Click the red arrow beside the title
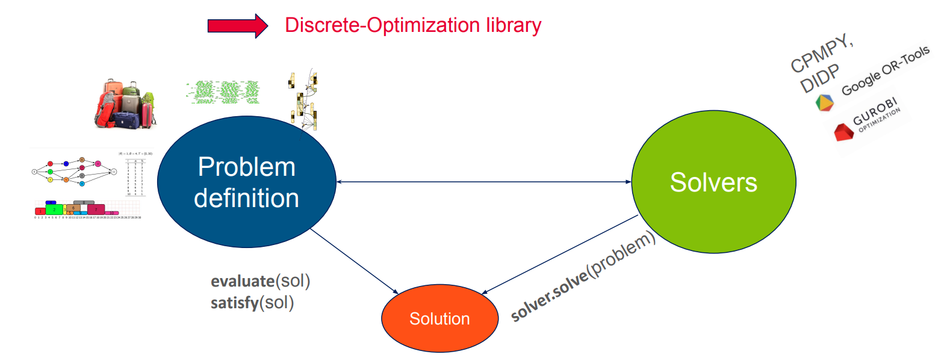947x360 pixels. pyautogui.click(x=237, y=26)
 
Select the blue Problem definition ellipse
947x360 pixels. pyautogui.click(x=246, y=182)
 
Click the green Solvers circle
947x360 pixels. pyautogui.click(x=713, y=182)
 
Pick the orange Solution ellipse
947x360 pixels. pyautogui.click(x=439, y=318)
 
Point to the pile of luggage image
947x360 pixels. pyautogui.click(x=125, y=104)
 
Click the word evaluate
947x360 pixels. pyautogui.click(x=243, y=281)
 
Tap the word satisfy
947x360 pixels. pyautogui.click(x=235, y=302)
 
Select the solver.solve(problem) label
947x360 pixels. pyautogui.click(x=582, y=276)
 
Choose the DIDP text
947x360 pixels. pyautogui.click(x=819, y=79)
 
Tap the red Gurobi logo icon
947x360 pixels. pyautogui.click(x=843, y=131)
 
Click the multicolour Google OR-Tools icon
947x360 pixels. pyautogui.click(x=824, y=102)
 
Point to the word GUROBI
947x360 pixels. pyautogui.click(x=875, y=110)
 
